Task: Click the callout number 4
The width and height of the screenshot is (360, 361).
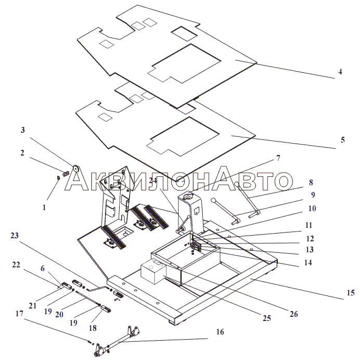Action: [x=340, y=72]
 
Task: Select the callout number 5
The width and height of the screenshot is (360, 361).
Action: [x=343, y=140]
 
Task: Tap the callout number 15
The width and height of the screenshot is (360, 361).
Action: [x=351, y=293]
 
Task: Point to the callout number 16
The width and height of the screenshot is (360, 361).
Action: [x=220, y=332]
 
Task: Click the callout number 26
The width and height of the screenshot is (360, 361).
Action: [x=293, y=314]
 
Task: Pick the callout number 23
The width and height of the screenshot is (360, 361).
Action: [x=15, y=236]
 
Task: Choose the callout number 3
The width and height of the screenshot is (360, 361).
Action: [x=22, y=130]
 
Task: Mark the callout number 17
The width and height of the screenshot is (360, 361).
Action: [x=19, y=313]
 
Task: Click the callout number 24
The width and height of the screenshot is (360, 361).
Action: [x=153, y=180]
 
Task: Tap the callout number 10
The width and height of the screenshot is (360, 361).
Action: [x=312, y=209]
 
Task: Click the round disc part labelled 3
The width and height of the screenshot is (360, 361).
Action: [x=76, y=169]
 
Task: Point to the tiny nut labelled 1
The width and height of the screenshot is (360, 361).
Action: [x=58, y=177]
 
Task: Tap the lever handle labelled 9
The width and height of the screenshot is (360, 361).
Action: [x=225, y=211]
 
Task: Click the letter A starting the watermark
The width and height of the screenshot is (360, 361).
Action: [x=76, y=181]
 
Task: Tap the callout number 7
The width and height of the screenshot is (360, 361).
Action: [x=278, y=158]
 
